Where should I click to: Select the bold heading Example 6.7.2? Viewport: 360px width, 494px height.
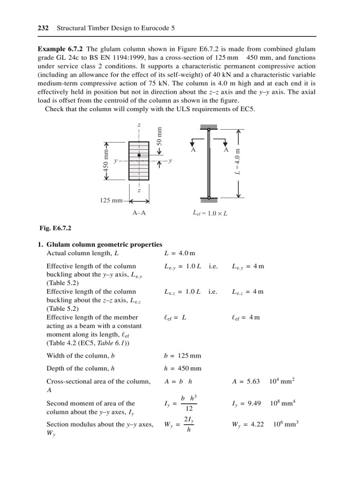pyautogui.click(x=61, y=49)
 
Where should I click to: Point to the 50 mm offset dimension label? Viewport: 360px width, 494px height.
pyautogui.click(x=159, y=137)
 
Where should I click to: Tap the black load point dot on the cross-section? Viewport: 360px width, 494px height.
pyautogui.click(x=139, y=155)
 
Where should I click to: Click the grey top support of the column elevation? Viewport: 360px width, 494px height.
pyautogui.click(x=209, y=127)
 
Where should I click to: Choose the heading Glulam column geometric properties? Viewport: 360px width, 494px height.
pyautogui.click(x=104, y=244)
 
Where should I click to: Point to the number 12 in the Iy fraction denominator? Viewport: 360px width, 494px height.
pyautogui.click(x=189, y=408)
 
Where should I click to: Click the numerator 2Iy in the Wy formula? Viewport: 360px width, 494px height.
pyautogui.click(x=189, y=419)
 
